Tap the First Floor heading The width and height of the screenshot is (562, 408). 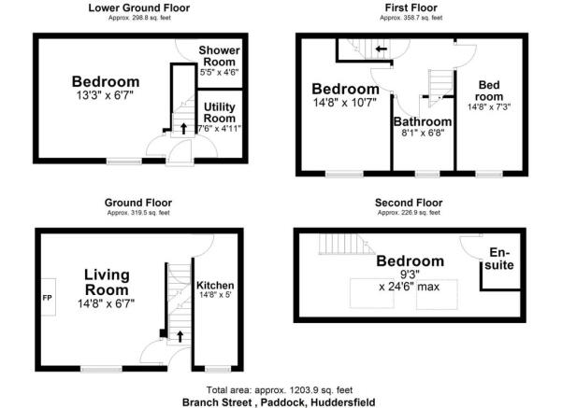tap(411, 7)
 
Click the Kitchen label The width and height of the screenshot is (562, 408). tap(215, 285)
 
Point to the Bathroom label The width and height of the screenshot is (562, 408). tap(423, 121)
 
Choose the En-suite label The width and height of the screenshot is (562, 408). tap(504, 259)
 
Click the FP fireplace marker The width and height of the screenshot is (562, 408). tap(47, 299)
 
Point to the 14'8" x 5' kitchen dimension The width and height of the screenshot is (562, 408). tap(215, 297)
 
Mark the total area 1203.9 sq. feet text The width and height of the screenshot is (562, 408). tap(281, 389)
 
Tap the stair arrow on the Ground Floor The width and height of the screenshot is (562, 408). tap(180, 333)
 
